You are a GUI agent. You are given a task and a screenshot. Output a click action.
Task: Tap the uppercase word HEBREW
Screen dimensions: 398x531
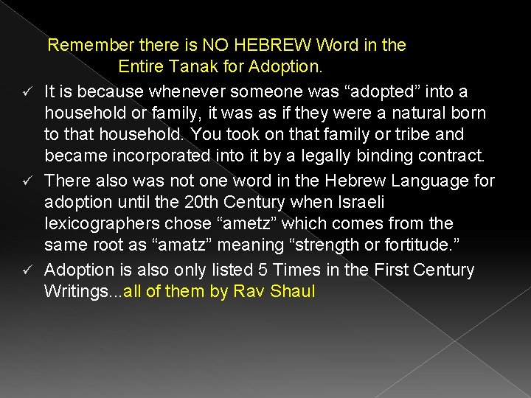tap(278, 45)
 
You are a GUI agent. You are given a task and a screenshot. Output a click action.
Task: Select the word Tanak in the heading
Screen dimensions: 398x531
tap(199, 66)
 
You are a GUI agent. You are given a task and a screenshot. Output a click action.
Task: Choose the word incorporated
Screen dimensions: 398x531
tap(159, 156)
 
